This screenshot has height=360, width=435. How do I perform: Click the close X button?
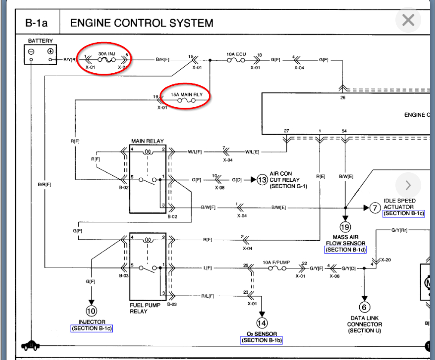pyautogui.click(x=408, y=20)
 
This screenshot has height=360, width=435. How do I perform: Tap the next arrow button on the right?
pyautogui.click(x=408, y=186)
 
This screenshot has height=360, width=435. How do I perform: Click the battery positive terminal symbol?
pyautogui.click(x=50, y=51)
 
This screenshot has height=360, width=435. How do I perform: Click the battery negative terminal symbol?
pyautogui.click(x=31, y=51)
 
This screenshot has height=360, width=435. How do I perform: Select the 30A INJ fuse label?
pyautogui.click(x=107, y=54)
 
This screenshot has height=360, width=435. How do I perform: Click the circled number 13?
pyautogui.click(x=262, y=180)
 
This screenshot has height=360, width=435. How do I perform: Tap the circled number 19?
pyautogui.click(x=345, y=227)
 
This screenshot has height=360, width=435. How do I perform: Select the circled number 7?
pyautogui.click(x=375, y=208)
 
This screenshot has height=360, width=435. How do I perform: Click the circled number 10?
pyautogui.click(x=91, y=310)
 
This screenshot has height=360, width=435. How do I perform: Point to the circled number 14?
pyautogui.click(x=262, y=323)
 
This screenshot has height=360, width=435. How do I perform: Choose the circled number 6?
pyautogui.click(x=364, y=307)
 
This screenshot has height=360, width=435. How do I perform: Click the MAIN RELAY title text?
pyautogui.click(x=147, y=141)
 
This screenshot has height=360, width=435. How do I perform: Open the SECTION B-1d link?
pyautogui.click(x=345, y=250)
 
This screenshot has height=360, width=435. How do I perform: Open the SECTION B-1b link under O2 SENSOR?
pyautogui.click(x=262, y=340)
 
